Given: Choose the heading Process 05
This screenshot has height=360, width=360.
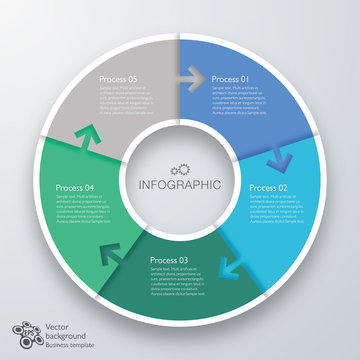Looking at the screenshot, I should pos(118,78).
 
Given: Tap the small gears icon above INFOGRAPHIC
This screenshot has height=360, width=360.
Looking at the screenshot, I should pos(181,168).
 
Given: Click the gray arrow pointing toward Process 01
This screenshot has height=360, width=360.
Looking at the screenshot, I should pos(192,75).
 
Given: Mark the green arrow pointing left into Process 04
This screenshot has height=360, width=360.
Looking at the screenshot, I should pos(107,252).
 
